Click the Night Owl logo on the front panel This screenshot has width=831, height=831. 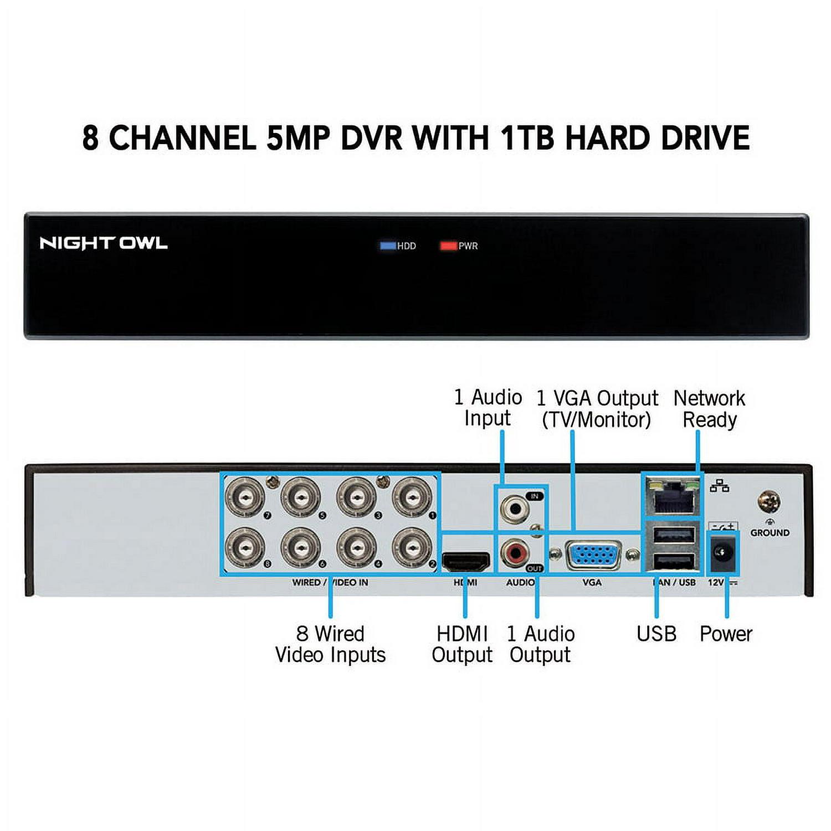(103, 243)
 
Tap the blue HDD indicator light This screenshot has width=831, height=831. (388, 245)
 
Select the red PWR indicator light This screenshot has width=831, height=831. (448, 245)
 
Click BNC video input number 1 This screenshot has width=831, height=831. (412, 497)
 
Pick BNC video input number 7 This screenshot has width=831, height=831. (244, 497)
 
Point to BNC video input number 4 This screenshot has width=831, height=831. (356, 548)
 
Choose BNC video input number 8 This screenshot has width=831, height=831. (244, 548)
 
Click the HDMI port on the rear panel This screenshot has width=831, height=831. (466, 562)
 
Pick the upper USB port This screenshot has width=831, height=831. (674, 536)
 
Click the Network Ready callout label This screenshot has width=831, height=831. (709, 409)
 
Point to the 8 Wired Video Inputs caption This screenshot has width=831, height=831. (330, 644)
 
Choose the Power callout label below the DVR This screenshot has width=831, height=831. (726, 634)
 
